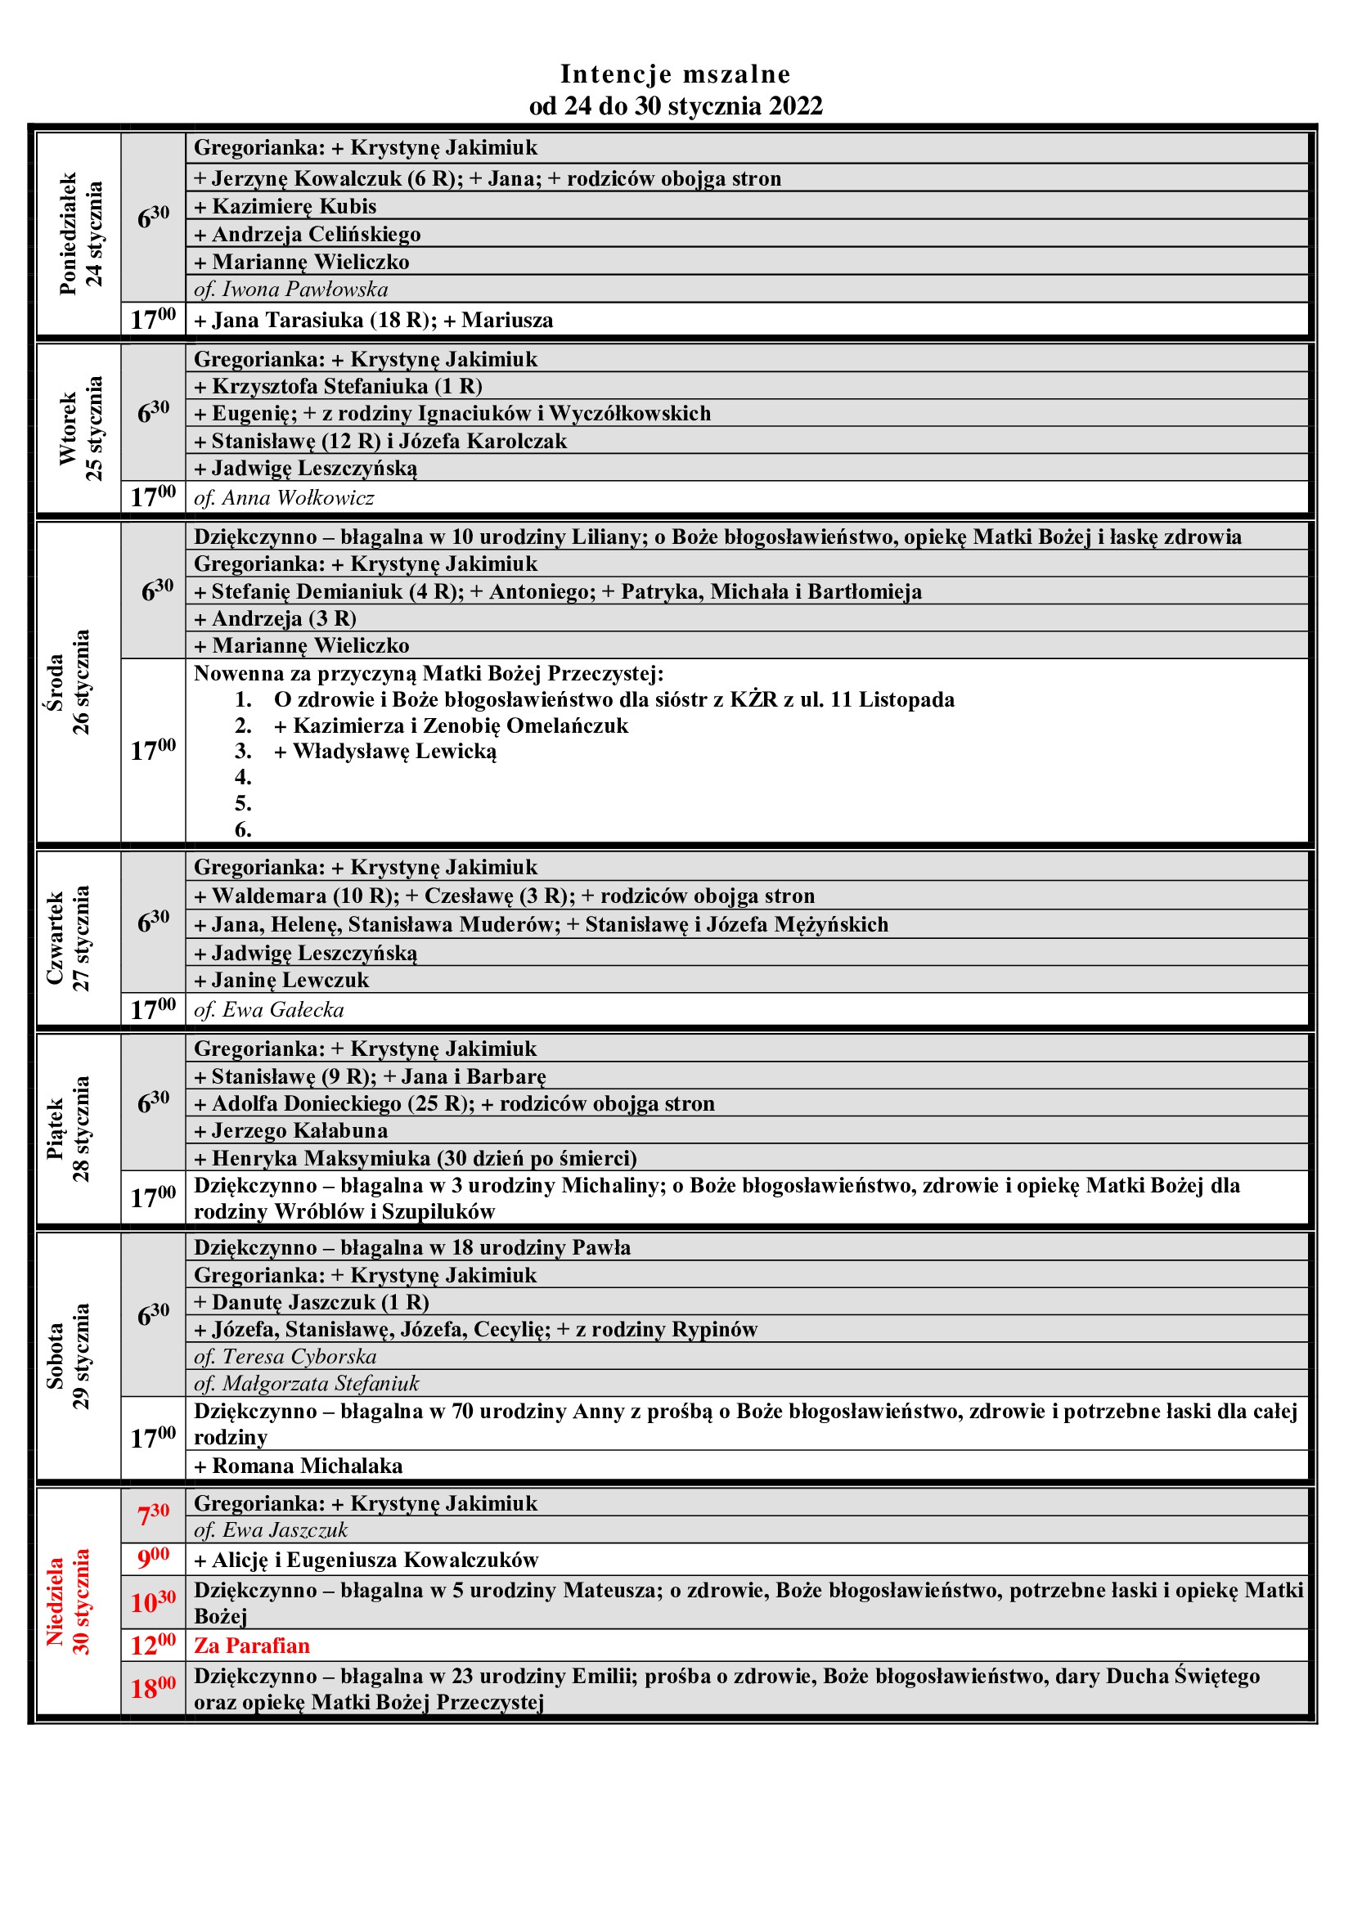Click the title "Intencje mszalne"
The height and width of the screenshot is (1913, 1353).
[x=675, y=74]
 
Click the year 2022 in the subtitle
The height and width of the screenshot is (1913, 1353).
[x=796, y=106]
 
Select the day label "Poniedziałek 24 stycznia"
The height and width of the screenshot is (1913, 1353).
[x=80, y=234]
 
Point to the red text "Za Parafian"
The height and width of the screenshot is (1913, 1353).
[x=252, y=1646]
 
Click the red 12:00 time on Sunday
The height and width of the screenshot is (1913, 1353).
[x=153, y=1646]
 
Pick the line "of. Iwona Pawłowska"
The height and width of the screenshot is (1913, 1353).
[x=290, y=289]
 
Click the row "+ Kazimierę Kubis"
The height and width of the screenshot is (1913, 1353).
[x=285, y=206]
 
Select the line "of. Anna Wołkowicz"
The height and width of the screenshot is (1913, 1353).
[x=284, y=497]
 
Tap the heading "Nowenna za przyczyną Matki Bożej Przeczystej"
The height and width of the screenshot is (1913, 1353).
[x=428, y=673]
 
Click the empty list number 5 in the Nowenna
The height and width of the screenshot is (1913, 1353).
[x=243, y=803]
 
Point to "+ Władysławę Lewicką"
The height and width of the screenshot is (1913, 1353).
[x=386, y=752]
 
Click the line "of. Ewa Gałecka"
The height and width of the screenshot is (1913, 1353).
[x=269, y=1010]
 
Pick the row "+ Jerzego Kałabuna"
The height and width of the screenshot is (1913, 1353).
[x=290, y=1130]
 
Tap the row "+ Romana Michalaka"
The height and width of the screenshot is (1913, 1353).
[x=299, y=1466]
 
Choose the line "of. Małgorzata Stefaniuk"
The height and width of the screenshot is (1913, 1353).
[x=307, y=1383]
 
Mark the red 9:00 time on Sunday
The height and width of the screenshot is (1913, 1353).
[x=153, y=1557]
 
